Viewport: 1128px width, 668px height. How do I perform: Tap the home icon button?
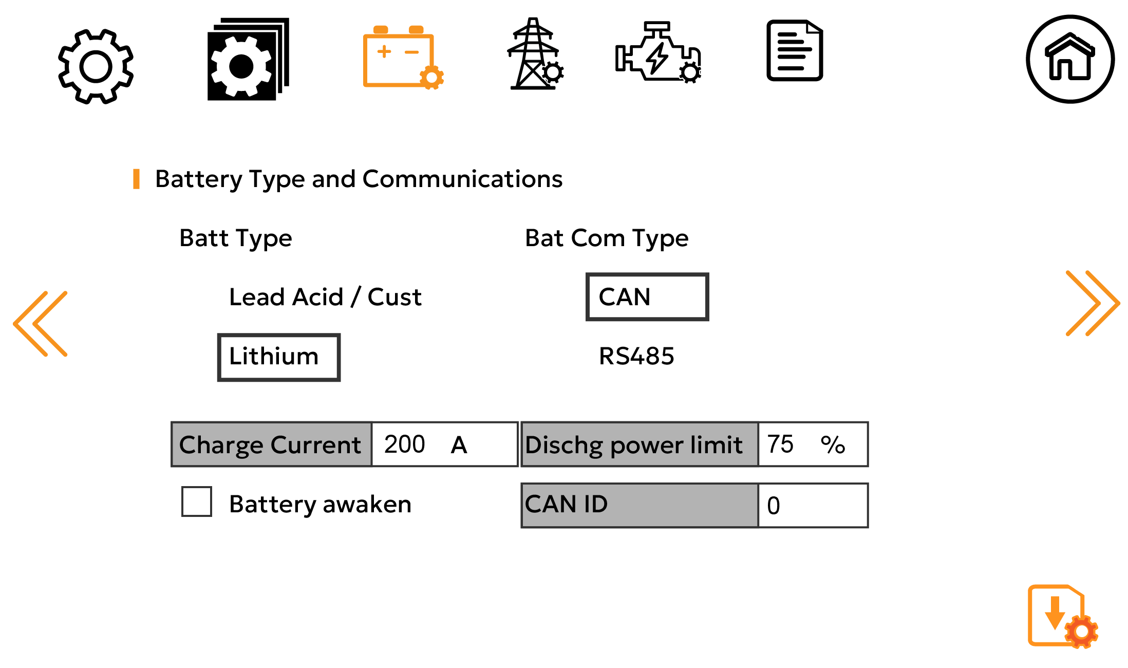(x=1070, y=59)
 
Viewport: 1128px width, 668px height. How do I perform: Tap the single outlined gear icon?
(x=96, y=66)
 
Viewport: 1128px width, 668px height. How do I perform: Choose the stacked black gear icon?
(x=248, y=60)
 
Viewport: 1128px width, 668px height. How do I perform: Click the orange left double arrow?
(x=41, y=324)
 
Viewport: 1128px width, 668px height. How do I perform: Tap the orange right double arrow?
(x=1092, y=303)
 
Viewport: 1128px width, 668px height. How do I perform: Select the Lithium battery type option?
(x=278, y=357)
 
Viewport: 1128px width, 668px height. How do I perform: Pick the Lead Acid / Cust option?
(x=325, y=297)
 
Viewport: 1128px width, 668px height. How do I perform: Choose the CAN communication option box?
(x=647, y=297)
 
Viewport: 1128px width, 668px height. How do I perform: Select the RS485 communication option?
(x=636, y=356)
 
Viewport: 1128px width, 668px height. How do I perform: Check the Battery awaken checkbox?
(x=197, y=502)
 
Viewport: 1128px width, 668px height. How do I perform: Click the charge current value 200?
(x=405, y=444)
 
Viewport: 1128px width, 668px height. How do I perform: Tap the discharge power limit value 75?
(x=780, y=444)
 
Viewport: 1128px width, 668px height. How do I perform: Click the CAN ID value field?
(x=812, y=505)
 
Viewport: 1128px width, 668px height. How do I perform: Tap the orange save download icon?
(x=1061, y=616)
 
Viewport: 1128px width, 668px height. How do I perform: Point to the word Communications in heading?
(x=462, y=179)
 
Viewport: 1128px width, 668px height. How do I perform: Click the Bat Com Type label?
(x=606, y=238)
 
